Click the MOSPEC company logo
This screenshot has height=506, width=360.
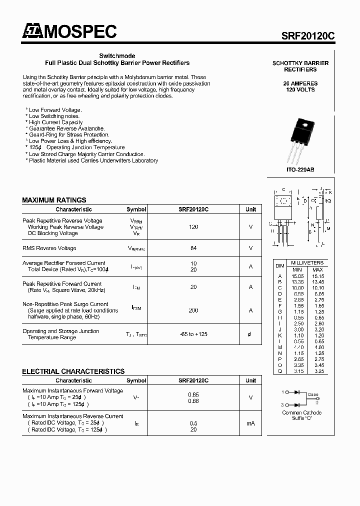point(69,32)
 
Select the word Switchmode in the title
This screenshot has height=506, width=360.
point(117,56)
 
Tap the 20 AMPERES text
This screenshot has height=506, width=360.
point(300,83)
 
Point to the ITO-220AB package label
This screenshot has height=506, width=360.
point(300,170)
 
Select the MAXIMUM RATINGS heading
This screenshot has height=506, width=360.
point(54,200)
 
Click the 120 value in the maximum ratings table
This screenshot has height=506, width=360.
point(193,227)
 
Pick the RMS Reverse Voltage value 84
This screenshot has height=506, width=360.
point(193,248)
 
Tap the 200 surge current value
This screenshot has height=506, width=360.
point(193,310)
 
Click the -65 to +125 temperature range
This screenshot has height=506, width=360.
point(193,334)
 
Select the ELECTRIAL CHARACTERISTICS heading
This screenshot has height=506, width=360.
point(73,371)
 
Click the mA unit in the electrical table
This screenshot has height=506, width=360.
point(250,423)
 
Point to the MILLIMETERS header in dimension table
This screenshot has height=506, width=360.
point(307,262)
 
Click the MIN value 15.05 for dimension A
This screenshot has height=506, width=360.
point(297,275)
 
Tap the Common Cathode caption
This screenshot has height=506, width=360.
point(302,412)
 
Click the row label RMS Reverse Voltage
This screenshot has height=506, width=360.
point(49,248)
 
